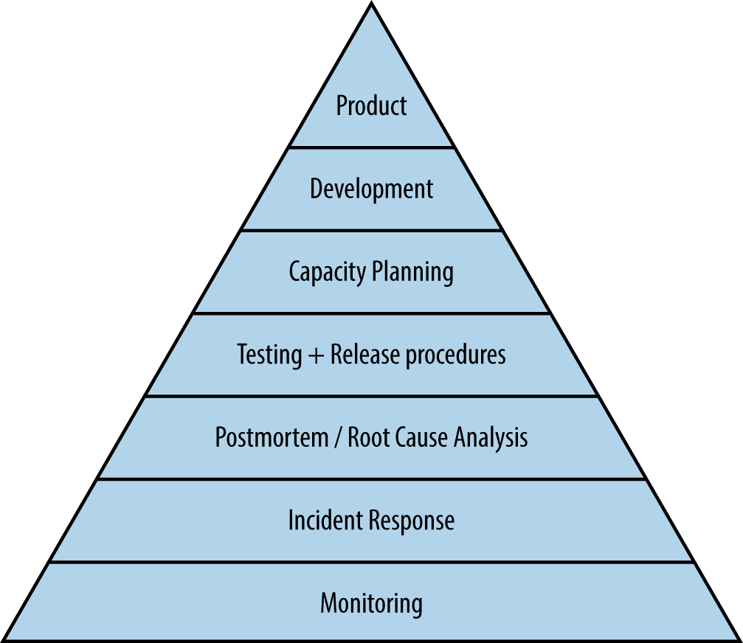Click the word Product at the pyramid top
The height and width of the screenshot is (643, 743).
click(x=371, y=105)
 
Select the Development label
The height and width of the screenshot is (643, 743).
click(x=371, y=190)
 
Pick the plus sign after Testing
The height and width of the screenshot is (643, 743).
click(x=316, y=355)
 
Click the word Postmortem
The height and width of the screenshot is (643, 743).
click(x=271, y=437)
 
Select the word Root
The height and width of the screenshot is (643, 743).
click(x=367, y=437)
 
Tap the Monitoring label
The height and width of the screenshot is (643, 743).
click(x=371, y=604)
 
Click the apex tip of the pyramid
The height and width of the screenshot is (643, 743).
click(x=371, y=4)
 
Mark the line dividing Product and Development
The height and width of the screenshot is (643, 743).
click(x=371, y=147)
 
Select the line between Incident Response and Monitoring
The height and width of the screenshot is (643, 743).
click(x=371, y=562)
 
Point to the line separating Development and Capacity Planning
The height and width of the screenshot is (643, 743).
click(x=371, y=230)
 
